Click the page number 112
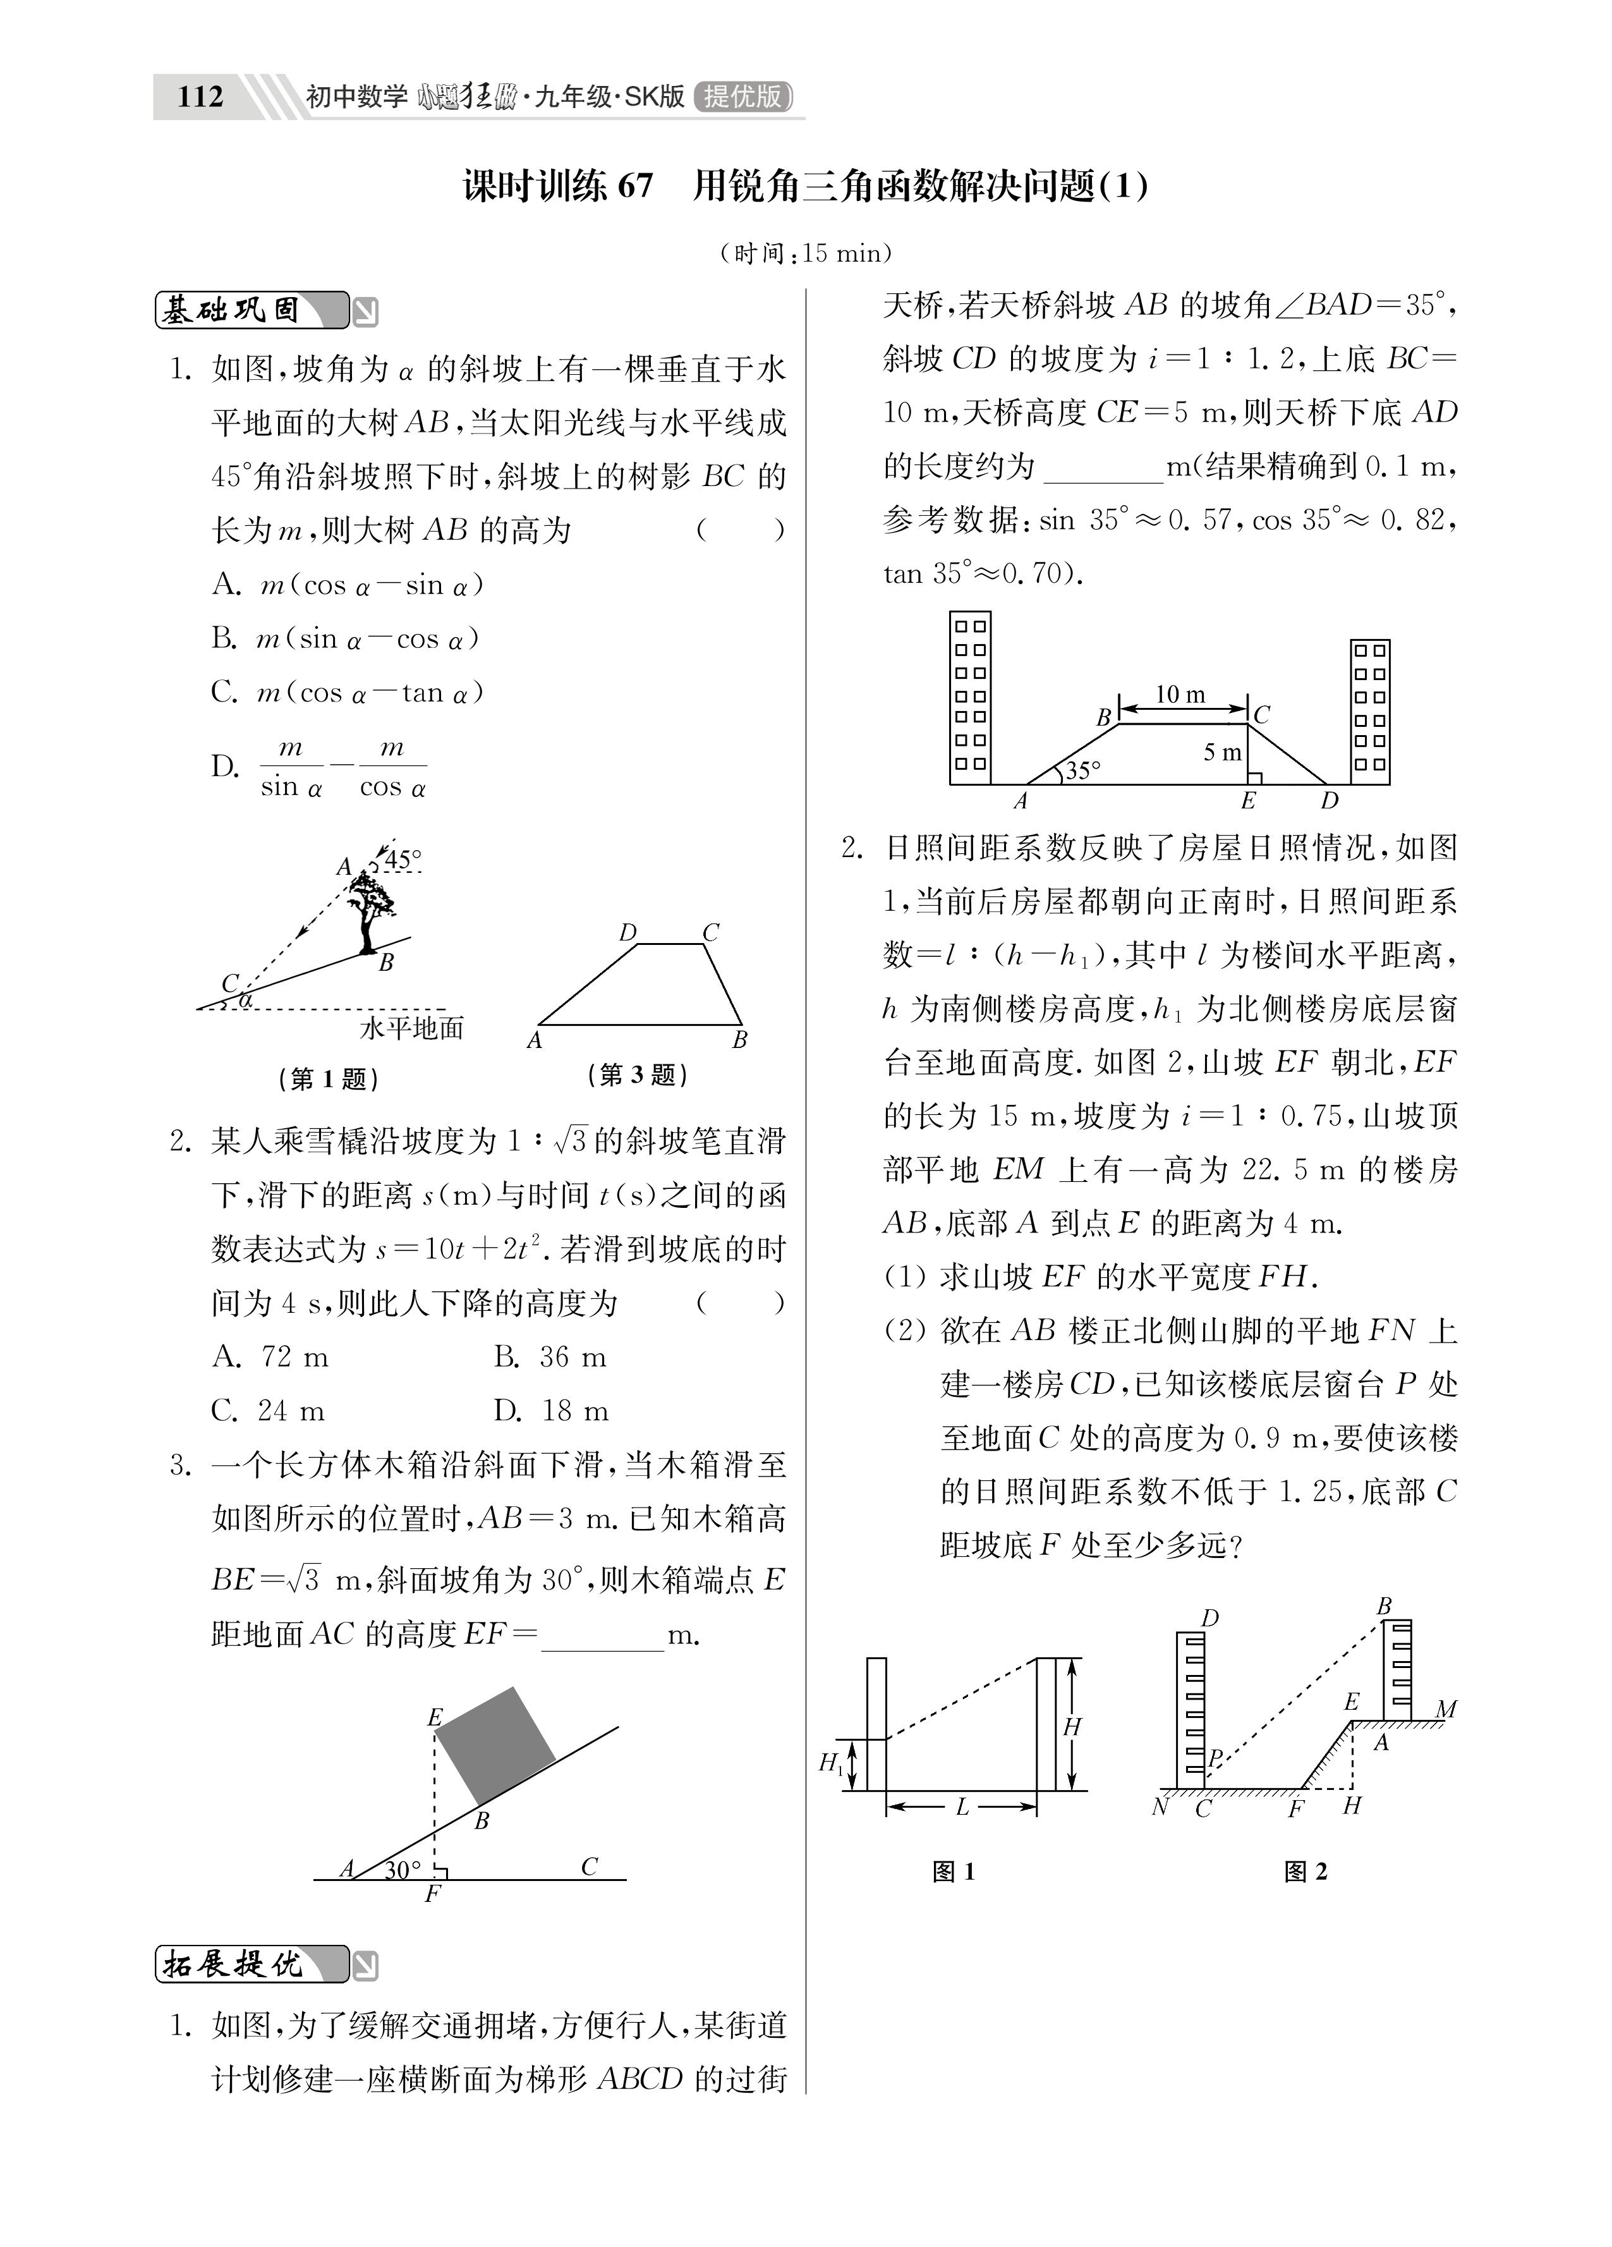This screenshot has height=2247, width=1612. pos(200,97)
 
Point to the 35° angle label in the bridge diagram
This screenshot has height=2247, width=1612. pos(1082,770)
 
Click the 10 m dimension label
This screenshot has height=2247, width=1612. pos(1180,695)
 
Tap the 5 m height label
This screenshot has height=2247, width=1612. pos(1221,752)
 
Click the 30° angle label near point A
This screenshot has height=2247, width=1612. pos(403,1870)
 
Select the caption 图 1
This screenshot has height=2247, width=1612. pos(954,1872)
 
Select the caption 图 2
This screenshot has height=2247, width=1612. pos(1305,1872)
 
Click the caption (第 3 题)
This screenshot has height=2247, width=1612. pos(637,1075)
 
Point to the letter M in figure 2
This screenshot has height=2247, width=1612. pos(1446,1709)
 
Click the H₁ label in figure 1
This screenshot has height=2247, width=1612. pos(830,1763)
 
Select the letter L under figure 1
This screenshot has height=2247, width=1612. pos(961,1807)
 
